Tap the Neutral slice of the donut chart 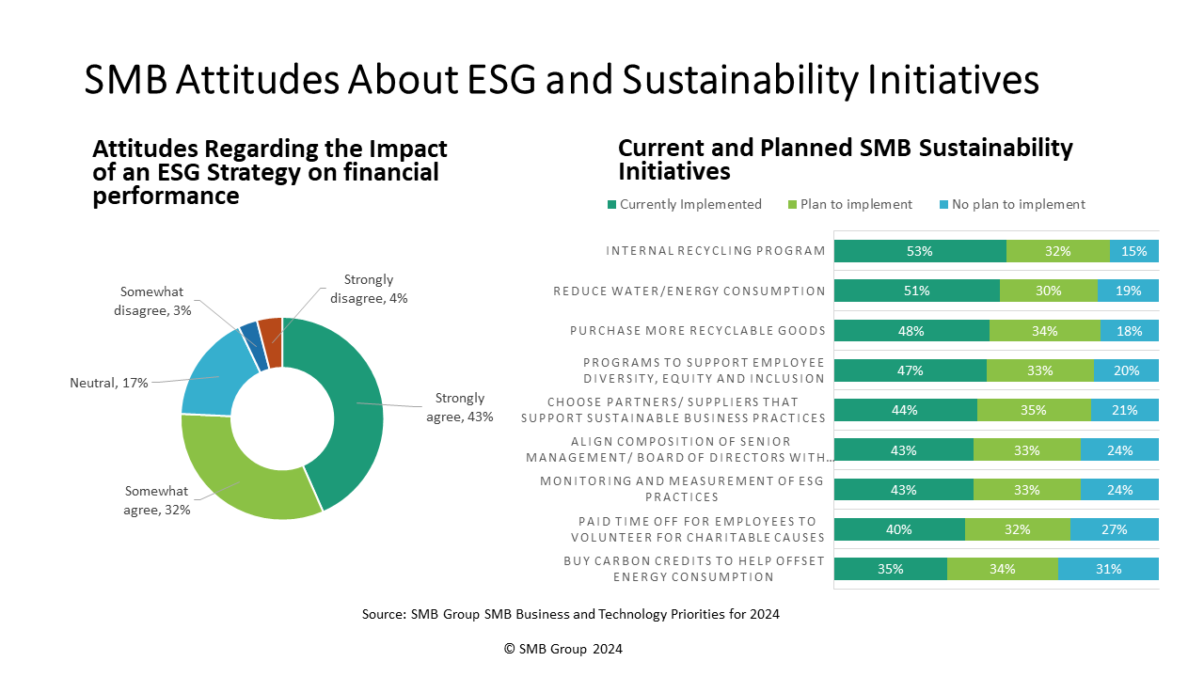tap(207, 381)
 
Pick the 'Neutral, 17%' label tap(108, 383)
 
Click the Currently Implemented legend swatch tap(612, 205)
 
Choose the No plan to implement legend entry tap(1006, 205)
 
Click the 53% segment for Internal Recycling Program tap(919, 251)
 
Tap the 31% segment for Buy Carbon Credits tap(1108, 569)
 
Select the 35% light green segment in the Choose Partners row tap(1034, 410)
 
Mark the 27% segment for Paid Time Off tap(1114, 529)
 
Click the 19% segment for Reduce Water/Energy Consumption tap(1128, 291)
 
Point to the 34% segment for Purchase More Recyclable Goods tap(1044, 331)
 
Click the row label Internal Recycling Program tap(716, 251)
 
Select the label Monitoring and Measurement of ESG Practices tap(682, 489)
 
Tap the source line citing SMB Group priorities tap(571, 614)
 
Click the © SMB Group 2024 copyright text tap(563, 649)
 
